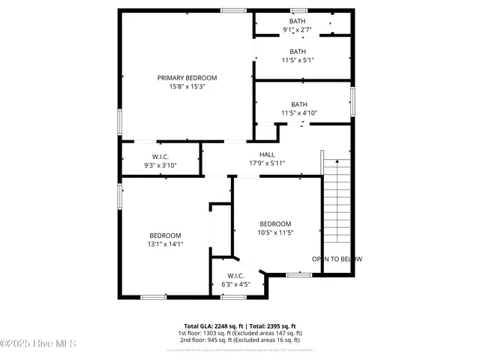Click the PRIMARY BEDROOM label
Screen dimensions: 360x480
(187, 78)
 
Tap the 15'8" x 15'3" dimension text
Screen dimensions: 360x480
(187, 87)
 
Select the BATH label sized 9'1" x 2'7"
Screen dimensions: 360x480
(298, 21)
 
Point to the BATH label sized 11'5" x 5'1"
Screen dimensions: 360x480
(298, 51)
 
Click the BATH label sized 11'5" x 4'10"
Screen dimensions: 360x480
(299, 104)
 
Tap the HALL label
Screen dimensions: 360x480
(267, 154)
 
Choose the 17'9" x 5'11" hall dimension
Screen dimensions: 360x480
(267, 163)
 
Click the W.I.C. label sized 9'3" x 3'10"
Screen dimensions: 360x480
(159, 156)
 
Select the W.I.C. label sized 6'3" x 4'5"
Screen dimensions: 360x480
(232, 275)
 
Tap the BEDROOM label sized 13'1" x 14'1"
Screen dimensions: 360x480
(165, 235)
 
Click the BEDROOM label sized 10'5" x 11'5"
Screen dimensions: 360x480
(275, 224)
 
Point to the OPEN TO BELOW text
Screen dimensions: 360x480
(337, 259)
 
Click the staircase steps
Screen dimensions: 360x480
(337, 202)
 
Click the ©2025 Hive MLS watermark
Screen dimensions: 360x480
(38, 343)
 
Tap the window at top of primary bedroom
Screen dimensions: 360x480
(232, 10)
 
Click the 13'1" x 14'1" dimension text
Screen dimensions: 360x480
(165, 244)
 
